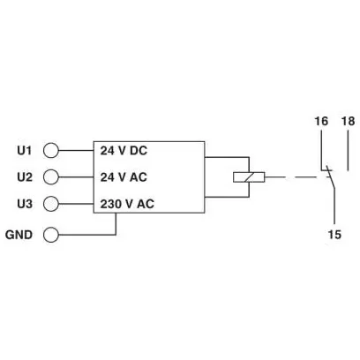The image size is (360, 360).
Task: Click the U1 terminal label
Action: [24, 151]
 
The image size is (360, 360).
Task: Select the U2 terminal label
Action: [25, 177]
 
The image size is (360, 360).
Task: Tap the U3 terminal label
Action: [25, 204]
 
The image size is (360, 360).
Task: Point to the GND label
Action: [19, 235]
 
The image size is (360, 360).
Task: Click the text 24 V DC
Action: [124, 151]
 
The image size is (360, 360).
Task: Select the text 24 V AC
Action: [124, 177]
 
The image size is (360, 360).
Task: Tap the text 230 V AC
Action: [127, 204]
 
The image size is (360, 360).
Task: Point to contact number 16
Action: [321, 121]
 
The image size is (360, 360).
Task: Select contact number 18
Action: [349, 121]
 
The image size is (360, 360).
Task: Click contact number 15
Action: [334, 235]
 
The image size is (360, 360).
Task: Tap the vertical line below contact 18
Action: [349, 151]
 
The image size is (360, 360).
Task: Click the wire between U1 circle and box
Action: [76, 151]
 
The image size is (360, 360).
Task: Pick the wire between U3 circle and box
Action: [76, 204]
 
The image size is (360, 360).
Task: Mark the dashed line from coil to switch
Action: [290, 177]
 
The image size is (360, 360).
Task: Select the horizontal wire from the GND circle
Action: [87, 235]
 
